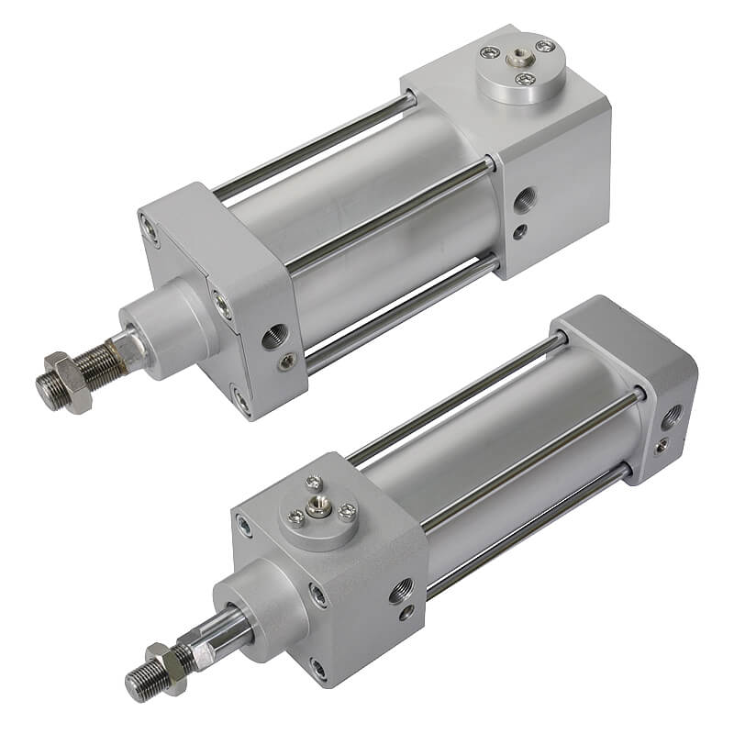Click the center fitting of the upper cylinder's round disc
tap(518, 60)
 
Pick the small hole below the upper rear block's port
tap(520, 231)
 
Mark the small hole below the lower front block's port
tap(406, 613)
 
